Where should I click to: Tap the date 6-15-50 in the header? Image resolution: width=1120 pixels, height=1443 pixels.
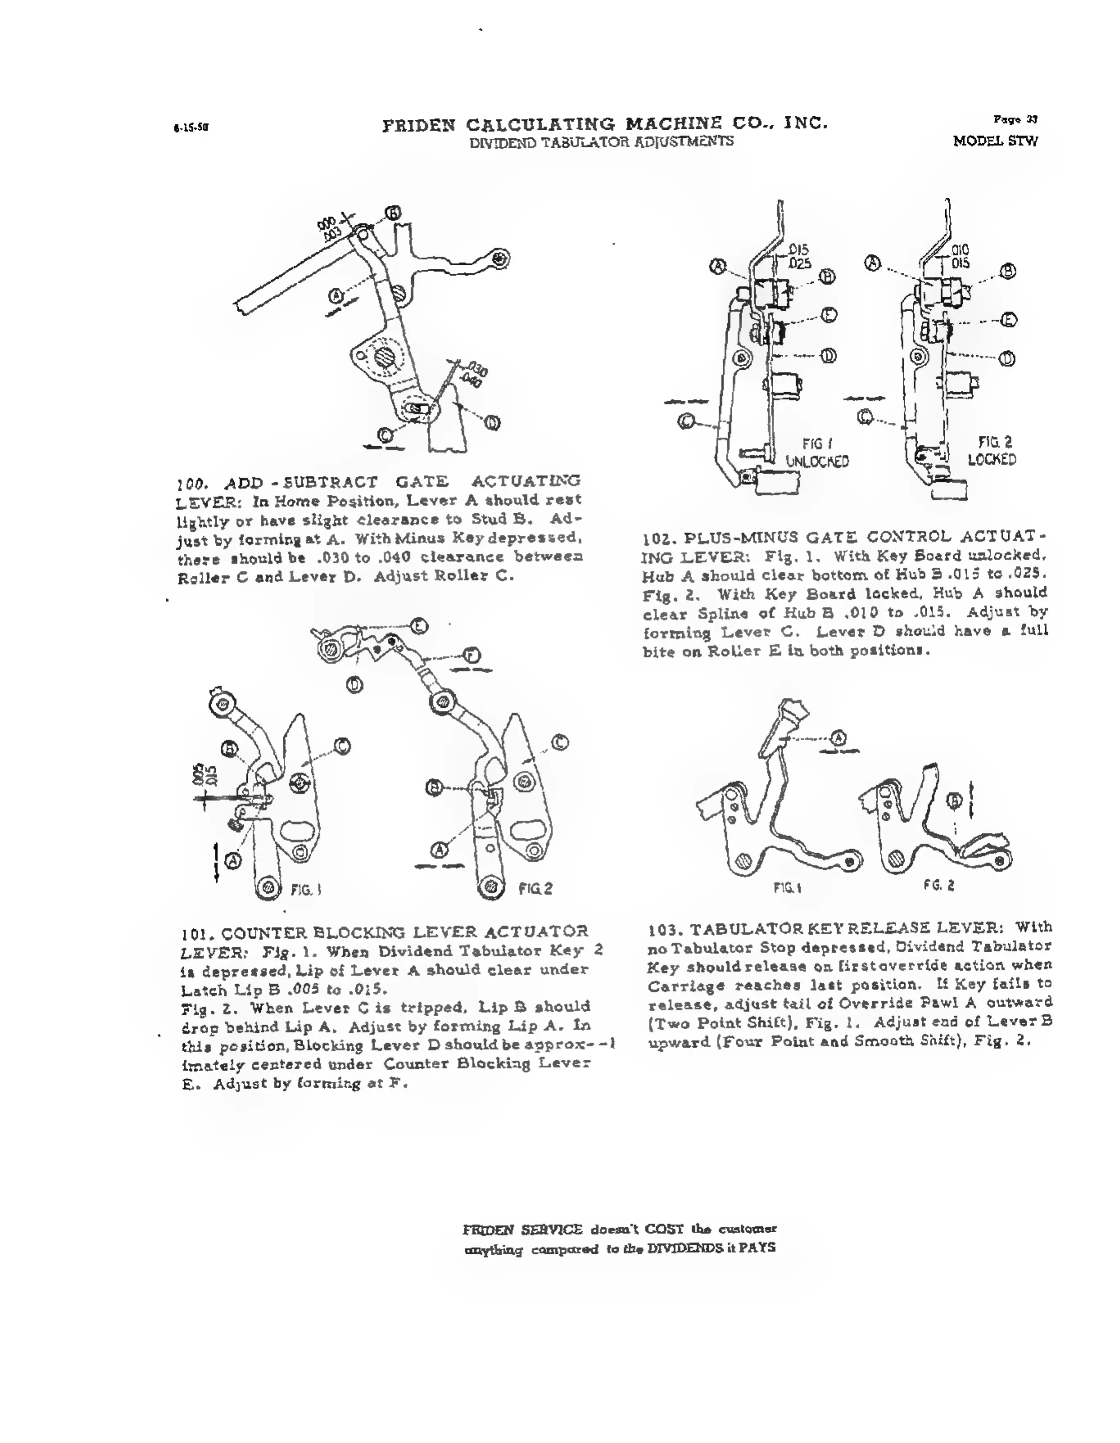tap(191, 128)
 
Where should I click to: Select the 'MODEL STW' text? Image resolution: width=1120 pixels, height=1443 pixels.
tap(995, 141)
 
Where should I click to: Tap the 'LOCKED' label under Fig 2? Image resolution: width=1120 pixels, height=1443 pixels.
tap(992, 459)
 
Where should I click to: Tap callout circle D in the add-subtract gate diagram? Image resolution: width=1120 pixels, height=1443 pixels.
tap(492, 423)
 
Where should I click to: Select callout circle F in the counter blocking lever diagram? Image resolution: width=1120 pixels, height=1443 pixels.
tap(472, 656)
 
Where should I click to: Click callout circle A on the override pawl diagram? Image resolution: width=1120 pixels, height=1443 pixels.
tap(838, 737)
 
